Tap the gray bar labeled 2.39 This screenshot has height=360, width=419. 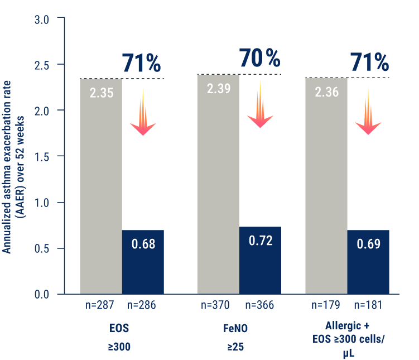click(218, 184)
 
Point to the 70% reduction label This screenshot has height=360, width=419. click(259, 58)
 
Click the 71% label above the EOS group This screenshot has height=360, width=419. click(141, 64)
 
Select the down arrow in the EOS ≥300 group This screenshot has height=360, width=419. click(143, 112)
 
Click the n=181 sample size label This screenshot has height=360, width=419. click(369, 305)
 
